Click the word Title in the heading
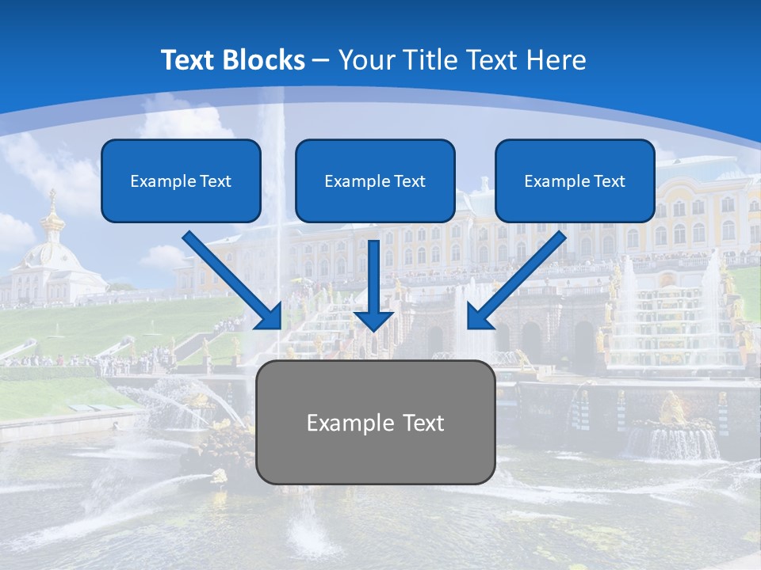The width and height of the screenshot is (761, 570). click(434, 60)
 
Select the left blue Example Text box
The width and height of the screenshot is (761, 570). click(181, 180)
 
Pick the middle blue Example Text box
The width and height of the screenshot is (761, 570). click(375, 180)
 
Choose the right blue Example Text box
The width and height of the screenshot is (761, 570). click(575, 180)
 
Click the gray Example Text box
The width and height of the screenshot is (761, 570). click(376, 422)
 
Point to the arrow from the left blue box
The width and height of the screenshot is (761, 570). click(230, 278)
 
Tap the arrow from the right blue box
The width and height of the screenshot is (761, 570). click(519, 278)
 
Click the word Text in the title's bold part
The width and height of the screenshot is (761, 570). click(189, 60)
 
